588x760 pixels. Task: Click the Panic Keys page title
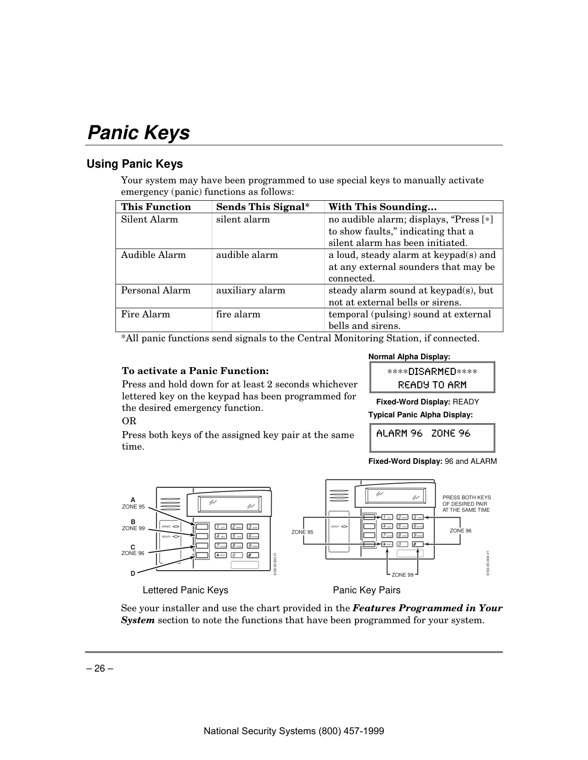138,133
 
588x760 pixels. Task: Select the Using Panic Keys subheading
135,164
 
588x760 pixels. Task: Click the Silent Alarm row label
149,219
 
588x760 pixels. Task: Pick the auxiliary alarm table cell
250,291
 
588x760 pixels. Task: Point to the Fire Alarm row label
145,315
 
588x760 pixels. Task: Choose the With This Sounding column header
382,207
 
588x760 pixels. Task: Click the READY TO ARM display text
432,385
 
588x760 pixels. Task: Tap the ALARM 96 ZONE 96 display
423,433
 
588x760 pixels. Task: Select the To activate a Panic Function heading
195,371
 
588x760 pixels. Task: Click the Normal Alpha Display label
409,357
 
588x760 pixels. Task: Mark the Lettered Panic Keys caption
185,590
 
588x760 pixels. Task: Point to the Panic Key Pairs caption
367,590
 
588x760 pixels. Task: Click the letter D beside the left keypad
133,573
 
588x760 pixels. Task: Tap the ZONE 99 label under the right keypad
403,575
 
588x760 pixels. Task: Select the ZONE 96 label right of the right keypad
460,531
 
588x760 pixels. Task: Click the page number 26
100,668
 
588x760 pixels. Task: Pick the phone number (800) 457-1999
352,731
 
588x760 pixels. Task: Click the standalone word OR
129,421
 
